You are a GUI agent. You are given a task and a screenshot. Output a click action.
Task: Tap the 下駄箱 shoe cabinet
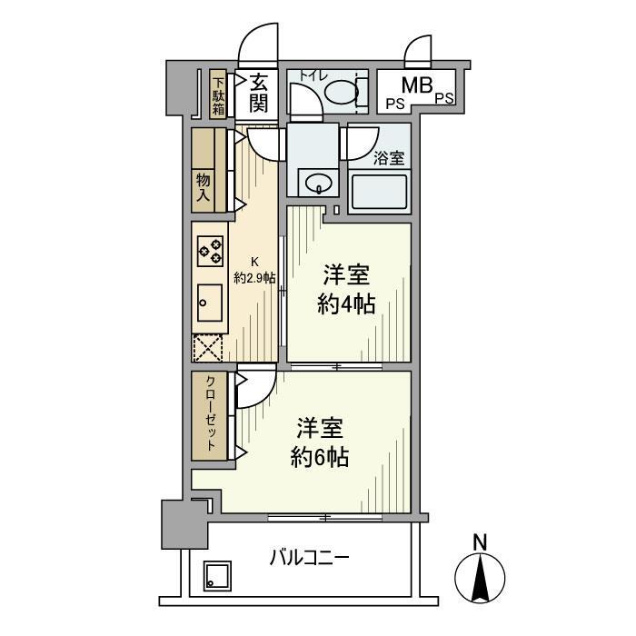click(218, 94)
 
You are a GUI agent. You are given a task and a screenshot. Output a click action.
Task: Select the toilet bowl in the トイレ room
click(340, 91)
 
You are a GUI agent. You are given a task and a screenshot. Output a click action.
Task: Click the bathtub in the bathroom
click(380, 192)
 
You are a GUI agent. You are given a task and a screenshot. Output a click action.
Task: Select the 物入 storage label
click(204, 187)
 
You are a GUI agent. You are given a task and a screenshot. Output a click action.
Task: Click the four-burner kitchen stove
click(210, 250)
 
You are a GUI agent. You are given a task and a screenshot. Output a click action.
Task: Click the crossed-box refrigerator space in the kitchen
click(209, 349)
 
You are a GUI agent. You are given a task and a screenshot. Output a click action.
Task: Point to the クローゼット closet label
click(210, 414)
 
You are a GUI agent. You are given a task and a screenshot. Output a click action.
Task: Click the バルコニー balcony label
click(308, 556)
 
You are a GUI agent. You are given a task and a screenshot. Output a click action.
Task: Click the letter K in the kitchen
click(254, 262)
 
